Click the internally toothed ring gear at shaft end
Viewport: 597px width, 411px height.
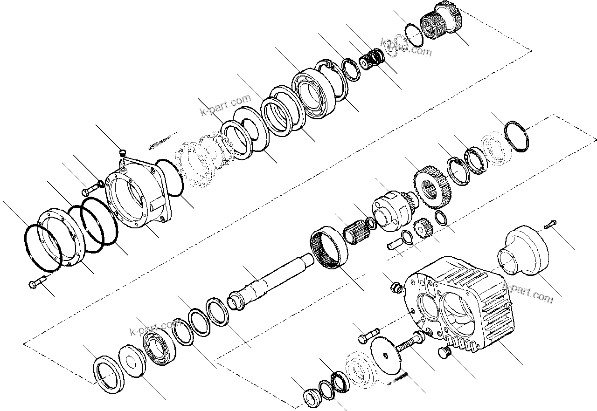coord(329,247)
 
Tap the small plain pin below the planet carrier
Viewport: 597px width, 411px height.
coord(394,244)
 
